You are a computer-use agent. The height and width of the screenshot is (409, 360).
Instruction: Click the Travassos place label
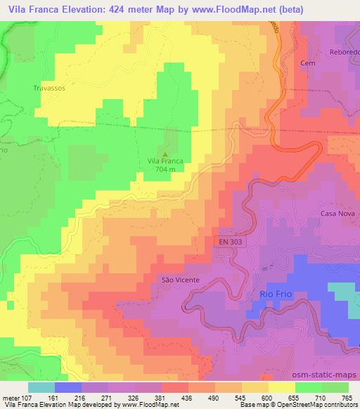point(49,89)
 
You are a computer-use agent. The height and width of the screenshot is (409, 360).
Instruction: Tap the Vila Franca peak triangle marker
point(165,154)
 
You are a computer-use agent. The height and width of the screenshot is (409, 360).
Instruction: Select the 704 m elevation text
point(165,169)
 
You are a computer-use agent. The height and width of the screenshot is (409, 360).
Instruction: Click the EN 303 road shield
point(228,241)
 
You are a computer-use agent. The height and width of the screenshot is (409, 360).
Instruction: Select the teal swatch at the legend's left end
point(41,387)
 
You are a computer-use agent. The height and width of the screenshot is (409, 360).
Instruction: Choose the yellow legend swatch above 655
point(282,387)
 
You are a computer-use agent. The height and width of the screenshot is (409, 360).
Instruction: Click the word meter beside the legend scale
point(10,396)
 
